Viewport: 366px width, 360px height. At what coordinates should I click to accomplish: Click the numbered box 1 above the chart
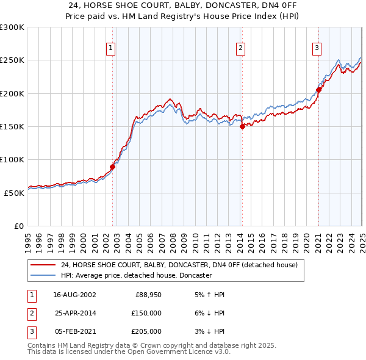coord(111,49)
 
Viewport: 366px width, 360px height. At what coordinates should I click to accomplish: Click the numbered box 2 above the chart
coord(241,49)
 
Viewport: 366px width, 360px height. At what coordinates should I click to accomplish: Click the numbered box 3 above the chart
coord(317,49)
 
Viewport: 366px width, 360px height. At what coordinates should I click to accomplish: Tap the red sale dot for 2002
coord(113,167)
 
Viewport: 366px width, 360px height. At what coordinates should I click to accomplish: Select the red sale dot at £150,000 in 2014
coord(242,126)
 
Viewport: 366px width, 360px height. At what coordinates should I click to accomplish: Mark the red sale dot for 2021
coord(318,90)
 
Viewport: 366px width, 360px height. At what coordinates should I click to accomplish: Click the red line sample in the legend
coord(43,265)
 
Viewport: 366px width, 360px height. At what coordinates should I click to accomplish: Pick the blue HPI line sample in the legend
coord(43,276)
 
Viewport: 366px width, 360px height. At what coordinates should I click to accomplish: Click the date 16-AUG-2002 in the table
coord(74,295)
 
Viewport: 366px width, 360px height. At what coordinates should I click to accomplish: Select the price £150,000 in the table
coord(145,313)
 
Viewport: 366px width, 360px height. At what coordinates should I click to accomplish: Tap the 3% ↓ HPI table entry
coord(209,331)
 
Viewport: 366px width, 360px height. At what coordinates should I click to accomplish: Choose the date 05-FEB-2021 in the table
coord(74,331)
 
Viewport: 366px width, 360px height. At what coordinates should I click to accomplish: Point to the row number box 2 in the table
coord(31,313)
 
